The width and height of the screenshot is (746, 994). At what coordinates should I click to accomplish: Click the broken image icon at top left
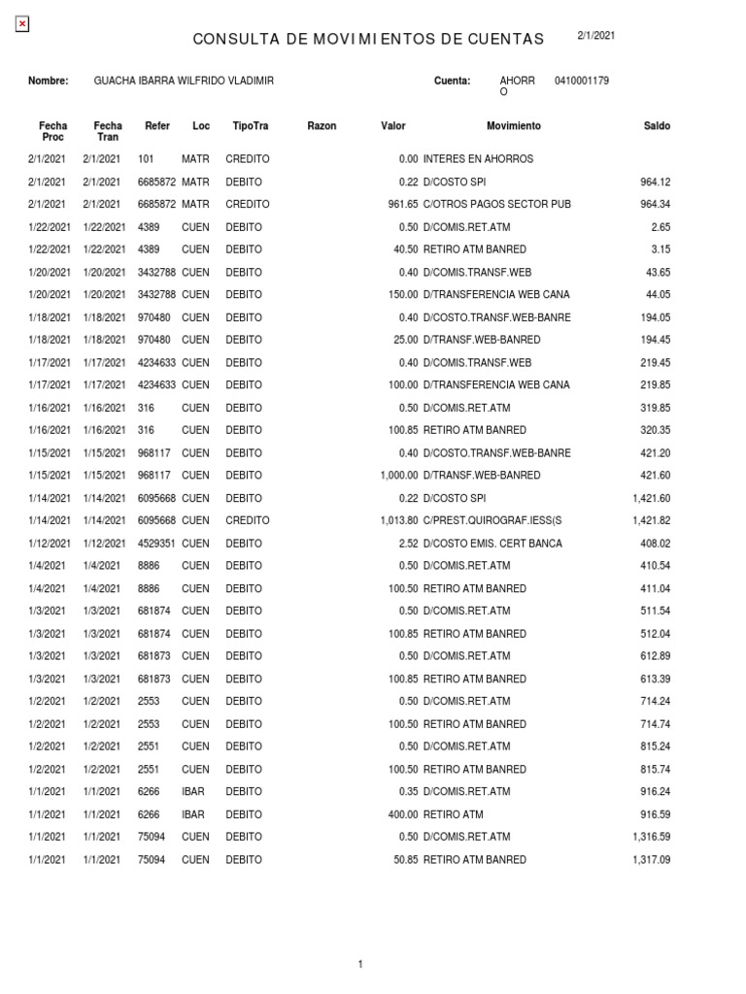(22, 24)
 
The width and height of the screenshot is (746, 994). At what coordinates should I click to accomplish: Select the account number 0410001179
(582, 81)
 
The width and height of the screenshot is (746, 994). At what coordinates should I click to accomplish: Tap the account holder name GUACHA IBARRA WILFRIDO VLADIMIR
(184, 81)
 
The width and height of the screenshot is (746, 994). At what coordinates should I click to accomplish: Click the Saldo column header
(657, 126)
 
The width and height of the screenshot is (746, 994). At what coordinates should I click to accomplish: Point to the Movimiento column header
(514, 126)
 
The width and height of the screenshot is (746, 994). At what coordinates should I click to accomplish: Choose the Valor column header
(393, 126)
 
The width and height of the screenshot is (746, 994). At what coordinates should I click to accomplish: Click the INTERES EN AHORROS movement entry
(478, 159)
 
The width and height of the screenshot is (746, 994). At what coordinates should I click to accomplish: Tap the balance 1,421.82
(651, 521)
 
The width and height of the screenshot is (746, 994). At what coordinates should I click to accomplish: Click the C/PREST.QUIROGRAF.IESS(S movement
(492, 521)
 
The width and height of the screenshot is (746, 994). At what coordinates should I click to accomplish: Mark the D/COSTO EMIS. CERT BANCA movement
(492, 544)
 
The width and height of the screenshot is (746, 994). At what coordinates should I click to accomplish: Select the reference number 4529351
(156, 544)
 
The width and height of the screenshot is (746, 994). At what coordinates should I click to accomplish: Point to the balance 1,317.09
(651, 860)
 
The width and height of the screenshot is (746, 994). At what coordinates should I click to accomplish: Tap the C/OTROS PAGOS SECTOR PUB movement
(496, 205)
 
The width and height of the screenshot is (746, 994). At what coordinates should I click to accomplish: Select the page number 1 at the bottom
(360, 964)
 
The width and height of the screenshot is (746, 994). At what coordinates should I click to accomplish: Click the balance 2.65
(659, 227)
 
